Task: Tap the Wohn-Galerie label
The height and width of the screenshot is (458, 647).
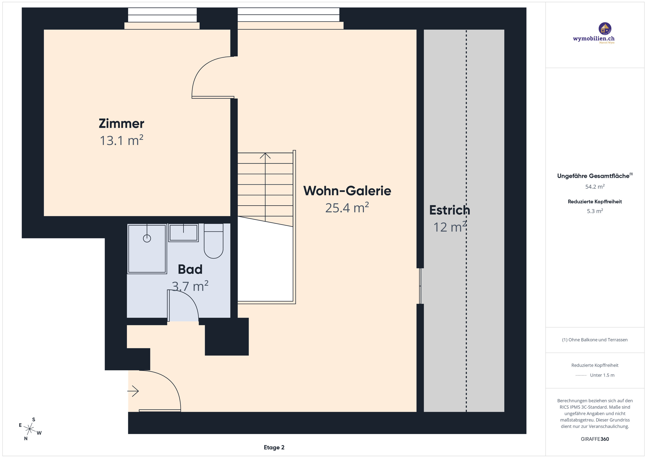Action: (x=347, y=191)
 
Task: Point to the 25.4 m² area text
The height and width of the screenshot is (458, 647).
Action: (x=347, y=208)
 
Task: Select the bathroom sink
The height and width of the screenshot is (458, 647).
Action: (x=183, y=233)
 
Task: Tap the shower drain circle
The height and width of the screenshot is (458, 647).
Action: (x=147, y=238)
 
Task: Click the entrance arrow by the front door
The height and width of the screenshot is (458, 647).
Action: (x=133, y=391)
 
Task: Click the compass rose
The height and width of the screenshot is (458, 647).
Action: (x=30, y=429)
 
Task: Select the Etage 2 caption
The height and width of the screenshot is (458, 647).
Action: (x=274, y=447)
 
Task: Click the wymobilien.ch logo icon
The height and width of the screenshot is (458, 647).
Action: (x=605, y=29)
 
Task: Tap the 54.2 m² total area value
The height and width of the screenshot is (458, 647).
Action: (x=595, y=187)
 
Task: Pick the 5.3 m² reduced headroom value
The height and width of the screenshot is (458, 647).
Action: (x=595, y=211)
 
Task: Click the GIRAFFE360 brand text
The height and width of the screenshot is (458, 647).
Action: (x=595, y=439)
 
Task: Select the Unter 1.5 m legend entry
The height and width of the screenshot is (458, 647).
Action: (x=602, y=375)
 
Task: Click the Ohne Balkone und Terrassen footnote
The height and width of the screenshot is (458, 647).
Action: (x=595, y=340)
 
